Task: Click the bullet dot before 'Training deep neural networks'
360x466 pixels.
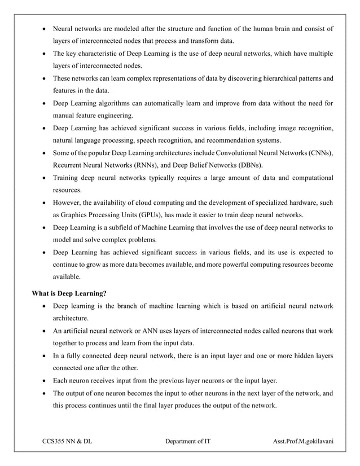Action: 45,178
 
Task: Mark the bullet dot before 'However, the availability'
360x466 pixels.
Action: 45,203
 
